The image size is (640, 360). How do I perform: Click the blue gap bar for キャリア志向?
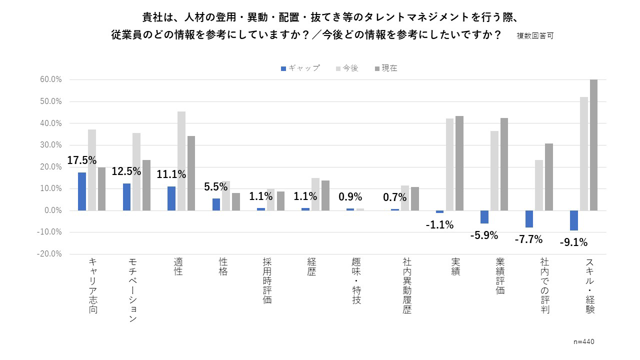click(x=82, y=191)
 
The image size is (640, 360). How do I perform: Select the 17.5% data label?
click(x=82, y=160)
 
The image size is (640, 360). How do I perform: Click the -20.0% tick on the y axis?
click(x=50, y=253)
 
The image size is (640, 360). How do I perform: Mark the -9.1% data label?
click(x=573, y=243)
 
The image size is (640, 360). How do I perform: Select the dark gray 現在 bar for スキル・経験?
click(x=593, y=145)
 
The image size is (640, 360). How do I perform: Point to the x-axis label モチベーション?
click(x=133, y=290)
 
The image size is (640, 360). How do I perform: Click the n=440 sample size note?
click(x=584, y=341)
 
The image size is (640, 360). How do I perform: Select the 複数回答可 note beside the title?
click(x=535, y=36)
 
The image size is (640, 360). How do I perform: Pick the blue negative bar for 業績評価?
click(x=484, y=217)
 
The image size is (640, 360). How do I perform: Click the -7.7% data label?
click(x=528, y=239)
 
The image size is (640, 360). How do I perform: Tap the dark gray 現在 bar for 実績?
click(x=459, y=163)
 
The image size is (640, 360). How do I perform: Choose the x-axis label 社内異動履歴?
click(x=407, y=285)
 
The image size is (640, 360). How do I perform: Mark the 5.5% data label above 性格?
click(x=216, y=187)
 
